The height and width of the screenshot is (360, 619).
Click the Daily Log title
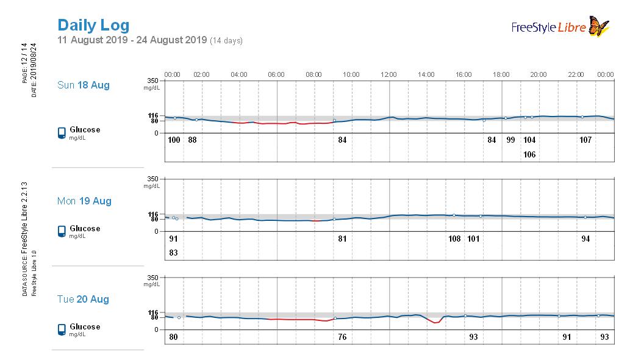(x=93, y=25)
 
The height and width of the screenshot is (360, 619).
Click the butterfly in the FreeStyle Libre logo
(x=599, y=26)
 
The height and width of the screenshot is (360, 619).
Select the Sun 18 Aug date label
(x=84, y=85)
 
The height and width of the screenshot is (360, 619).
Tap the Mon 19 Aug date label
(x=84, y=201)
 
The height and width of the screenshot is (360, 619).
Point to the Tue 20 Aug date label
(x=83, y=299)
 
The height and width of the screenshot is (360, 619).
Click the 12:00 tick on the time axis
(x=388, y=74)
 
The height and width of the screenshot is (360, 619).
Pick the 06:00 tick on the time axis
(x=276, y=74)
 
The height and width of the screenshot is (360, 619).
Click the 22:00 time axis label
(x=576, y=74)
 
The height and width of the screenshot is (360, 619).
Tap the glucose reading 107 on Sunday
(x=585, y=140)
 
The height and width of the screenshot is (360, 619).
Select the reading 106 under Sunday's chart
(x=529, y=154)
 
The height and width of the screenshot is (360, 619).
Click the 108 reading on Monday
(x=454, y=239)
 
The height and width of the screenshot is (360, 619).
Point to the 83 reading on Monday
(x=174, y=253)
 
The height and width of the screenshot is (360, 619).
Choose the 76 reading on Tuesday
(x=342, y=337)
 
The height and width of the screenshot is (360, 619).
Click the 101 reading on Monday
(x=473, y=239)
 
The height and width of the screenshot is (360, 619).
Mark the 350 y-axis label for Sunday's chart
(x=152, y=81)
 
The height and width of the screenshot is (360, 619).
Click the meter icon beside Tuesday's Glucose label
(x=62, y=329)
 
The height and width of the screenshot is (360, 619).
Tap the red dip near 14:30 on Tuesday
(x=435, y=322)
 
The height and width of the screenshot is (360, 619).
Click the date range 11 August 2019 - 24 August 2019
(x=132, y=40)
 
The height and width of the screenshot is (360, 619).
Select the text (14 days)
(x=226, y=41)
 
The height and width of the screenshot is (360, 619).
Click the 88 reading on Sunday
(x=192, y=140)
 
